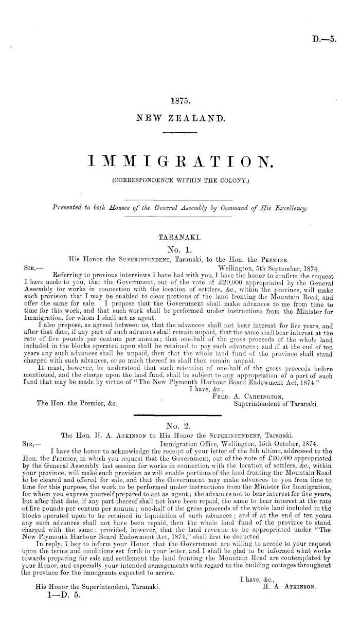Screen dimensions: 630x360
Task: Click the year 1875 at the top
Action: tap(179, 102)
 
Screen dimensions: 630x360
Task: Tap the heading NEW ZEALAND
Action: tap(179, 119)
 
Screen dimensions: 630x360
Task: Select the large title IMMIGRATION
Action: tap(179, 163)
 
